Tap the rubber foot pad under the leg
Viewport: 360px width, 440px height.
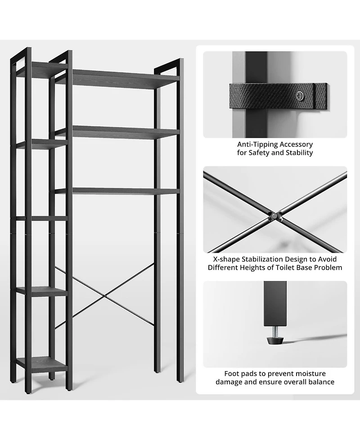(275, 340)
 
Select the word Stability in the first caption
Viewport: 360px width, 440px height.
(299, 153)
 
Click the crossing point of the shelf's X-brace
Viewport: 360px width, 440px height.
(104, 296)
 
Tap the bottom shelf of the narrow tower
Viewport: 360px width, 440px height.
(41, 364)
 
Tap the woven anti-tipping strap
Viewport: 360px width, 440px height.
(278, 95)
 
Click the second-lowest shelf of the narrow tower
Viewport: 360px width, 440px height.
(42, 291)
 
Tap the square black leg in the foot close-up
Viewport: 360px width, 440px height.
(275, 304)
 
